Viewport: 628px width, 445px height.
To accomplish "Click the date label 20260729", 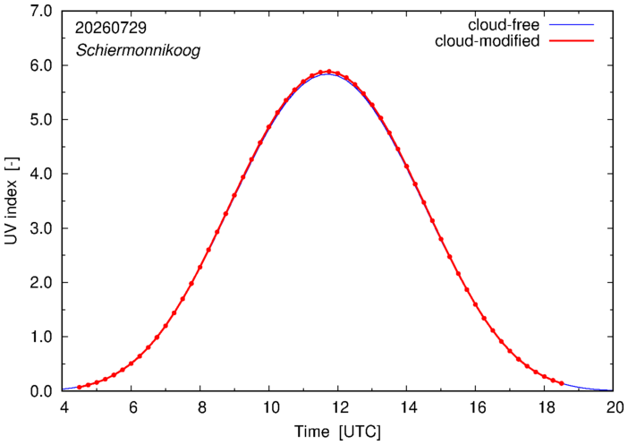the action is pos(111,28).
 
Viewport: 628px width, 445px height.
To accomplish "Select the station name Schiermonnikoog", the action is pos(138,51).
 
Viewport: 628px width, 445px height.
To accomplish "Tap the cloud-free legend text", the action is pos(504,25).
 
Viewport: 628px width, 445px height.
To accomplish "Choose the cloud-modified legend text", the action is pos(487,41).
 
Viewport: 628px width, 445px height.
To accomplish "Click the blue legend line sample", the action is pos(572,25).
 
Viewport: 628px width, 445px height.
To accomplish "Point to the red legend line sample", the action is pos(572,41).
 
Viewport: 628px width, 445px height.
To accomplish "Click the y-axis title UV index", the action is pos(12,201).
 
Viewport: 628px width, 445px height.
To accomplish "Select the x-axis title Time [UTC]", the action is pos(337,432).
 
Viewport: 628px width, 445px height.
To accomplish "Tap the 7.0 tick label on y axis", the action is pos(41,12).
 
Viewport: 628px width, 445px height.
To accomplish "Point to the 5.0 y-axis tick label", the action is pos(41,119).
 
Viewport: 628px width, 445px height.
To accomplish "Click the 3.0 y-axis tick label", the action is pos(41,228).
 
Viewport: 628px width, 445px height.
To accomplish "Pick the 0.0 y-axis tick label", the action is pos(41,391).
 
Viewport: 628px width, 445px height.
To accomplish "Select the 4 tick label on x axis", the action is pos(64,407).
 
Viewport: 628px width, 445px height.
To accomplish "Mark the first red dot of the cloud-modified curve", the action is pos(80,388).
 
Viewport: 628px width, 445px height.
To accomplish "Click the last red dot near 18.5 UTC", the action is pos(562,383).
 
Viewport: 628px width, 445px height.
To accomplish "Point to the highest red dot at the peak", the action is pos(329,72).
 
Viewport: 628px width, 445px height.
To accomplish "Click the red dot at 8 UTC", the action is pos(199,267).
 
